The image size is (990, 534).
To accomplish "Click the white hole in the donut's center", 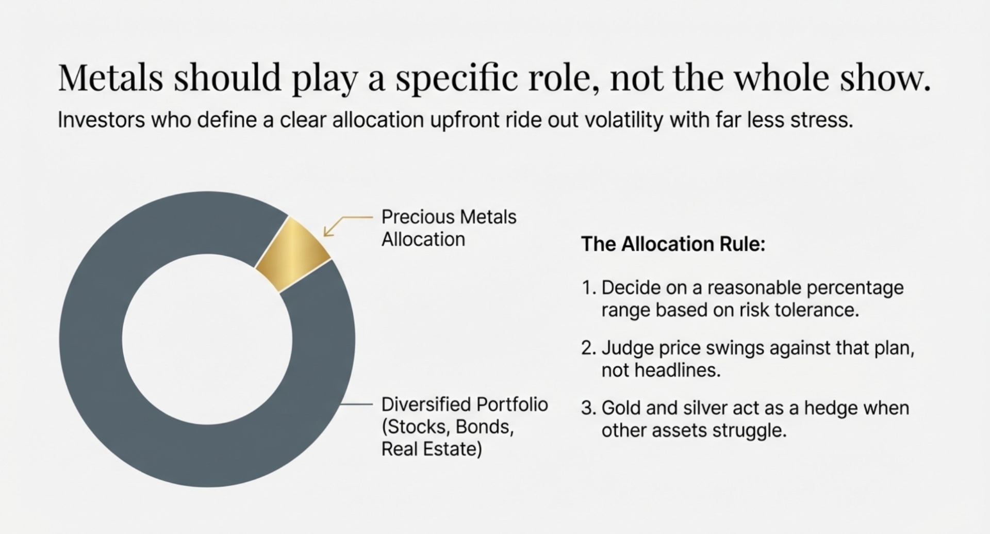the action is (x=207, y=339).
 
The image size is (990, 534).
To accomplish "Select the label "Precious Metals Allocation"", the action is (x=449, y=228).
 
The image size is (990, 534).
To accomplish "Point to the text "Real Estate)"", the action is (x=432, y=449).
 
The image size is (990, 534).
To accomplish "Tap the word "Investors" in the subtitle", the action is (x=101, y=120).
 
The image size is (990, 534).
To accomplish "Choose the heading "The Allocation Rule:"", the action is (x=673, y=244).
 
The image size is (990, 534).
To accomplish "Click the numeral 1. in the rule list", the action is (x=589, y=288).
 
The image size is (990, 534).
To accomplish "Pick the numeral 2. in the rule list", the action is (x=589, y=348).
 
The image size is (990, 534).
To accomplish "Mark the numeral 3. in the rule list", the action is (x=589, y=408).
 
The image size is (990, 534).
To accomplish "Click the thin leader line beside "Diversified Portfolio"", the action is (x=357, y=404).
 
